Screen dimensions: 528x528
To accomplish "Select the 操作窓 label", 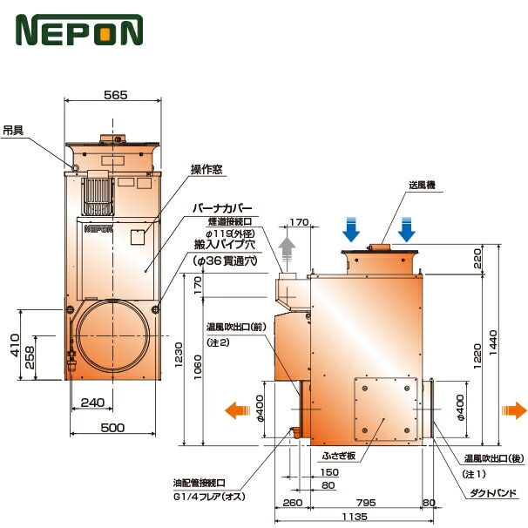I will tap(207, 170).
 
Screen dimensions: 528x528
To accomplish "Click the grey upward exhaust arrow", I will tap(288, 255).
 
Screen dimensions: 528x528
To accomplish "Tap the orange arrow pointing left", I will tap(234, 410).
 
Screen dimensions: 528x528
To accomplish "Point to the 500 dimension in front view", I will tap(112, 427).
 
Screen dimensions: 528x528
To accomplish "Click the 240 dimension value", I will tap(92, 403).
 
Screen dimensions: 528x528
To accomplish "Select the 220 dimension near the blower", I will tap(476, 258).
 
